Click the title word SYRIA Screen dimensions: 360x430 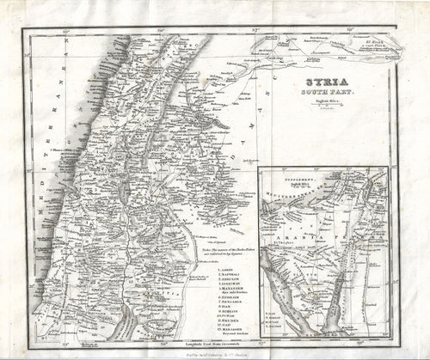[315, 83]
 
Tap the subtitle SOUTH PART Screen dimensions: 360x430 [315, 95]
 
